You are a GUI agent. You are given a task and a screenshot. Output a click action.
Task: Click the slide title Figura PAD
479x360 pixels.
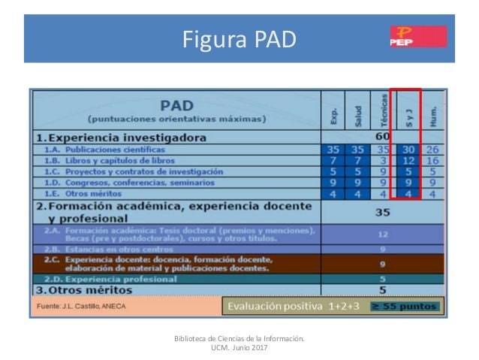pos(239,38)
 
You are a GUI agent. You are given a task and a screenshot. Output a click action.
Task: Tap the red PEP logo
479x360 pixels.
pos(417,36)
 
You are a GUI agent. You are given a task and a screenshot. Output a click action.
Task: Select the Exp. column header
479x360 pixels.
pos(333,115)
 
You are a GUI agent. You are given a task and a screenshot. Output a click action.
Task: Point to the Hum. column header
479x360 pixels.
pos(433,114)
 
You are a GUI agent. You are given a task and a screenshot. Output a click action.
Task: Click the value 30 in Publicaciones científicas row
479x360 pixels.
pos(408,150)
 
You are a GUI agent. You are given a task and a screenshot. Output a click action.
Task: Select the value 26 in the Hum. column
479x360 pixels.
pos(433,150)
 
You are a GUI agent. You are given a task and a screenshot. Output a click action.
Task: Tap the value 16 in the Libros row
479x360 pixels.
pos(433,160)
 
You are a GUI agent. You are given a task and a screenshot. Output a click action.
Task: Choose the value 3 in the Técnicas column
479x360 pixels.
pos(383,160)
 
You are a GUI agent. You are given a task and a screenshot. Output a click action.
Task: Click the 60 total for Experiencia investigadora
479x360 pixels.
pos(383,138)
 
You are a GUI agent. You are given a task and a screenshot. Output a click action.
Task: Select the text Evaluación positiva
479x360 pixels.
pos(272,307)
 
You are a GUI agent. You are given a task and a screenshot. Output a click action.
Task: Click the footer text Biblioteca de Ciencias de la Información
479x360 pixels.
pos(239,339)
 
